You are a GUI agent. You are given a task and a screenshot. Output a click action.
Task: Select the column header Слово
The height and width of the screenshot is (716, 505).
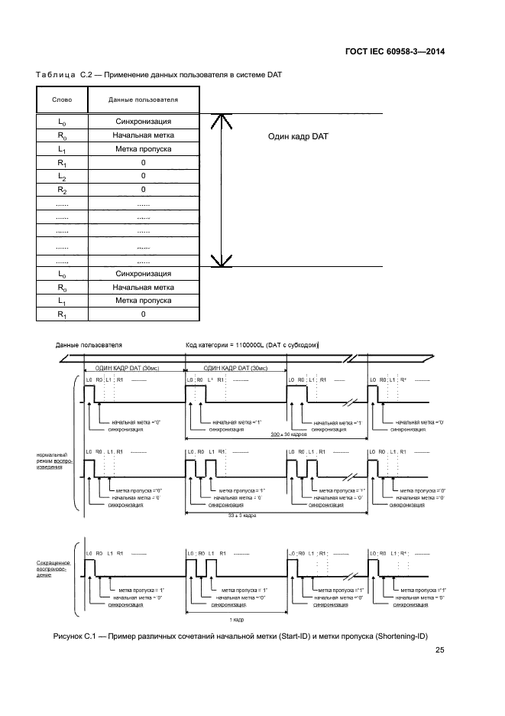click(62, 99)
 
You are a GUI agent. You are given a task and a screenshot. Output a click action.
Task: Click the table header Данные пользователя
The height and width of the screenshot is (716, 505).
click(143, 99)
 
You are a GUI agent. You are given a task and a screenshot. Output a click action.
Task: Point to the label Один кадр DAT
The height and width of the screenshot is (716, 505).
click(297, 136)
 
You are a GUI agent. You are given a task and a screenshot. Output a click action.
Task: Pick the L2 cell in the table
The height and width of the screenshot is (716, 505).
click(62, 177)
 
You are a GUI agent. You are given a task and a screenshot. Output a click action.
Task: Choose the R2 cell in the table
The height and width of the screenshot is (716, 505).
click(62, 190)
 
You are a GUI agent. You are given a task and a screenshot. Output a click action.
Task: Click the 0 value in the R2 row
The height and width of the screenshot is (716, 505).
click(143, 190)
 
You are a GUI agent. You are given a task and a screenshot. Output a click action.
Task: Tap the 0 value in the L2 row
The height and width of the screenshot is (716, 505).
click(143, 177)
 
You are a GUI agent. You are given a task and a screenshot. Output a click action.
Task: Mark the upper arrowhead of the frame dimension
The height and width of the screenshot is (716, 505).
click(220, 119)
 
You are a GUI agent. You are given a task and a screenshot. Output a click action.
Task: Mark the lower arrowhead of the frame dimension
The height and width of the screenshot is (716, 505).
click(220, 262)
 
